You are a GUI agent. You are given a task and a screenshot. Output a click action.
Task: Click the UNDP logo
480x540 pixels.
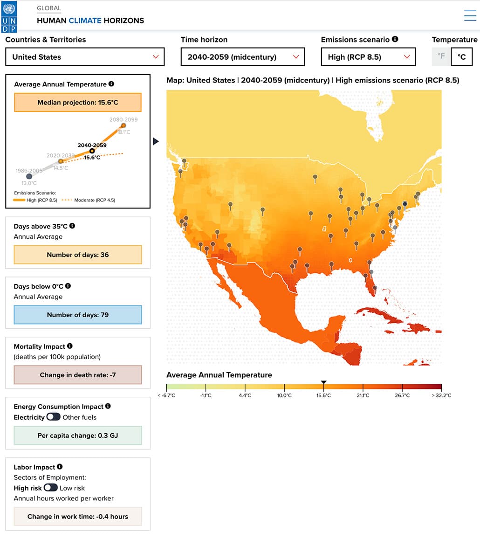(9, 17)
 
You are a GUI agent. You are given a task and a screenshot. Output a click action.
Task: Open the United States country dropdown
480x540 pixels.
(85, 57)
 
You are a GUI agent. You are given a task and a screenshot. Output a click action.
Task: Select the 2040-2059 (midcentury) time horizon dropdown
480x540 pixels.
(242, 57)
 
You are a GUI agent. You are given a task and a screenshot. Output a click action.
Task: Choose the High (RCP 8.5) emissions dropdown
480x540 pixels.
(368, 57)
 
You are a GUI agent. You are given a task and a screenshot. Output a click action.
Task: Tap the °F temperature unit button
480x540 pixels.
(441, 57)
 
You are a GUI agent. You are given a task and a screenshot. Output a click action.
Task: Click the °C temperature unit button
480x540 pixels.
(461, 57)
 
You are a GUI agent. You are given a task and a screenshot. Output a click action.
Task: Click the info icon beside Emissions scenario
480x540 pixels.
(395, 40)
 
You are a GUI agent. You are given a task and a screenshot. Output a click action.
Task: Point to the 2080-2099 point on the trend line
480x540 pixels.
(123, 125)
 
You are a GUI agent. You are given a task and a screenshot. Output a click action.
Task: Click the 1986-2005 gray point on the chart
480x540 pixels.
(29, 176)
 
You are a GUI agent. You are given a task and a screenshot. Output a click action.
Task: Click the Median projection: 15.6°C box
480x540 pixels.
(77, 103)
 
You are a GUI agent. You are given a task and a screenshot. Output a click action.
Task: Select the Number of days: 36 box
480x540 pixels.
(77, 255)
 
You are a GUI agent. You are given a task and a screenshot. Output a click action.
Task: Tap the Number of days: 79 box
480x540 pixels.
(77, 315)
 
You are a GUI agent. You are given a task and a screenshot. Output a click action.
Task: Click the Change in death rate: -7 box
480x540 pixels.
(77, 375)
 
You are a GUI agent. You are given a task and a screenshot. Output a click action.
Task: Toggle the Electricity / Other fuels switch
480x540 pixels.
(53, 417)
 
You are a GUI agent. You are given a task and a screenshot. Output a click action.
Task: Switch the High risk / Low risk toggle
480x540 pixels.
(50, 488)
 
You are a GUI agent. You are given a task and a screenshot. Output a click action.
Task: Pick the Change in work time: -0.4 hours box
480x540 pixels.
(77, 517)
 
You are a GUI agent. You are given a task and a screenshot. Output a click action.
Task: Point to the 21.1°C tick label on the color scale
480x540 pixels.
(363, 395)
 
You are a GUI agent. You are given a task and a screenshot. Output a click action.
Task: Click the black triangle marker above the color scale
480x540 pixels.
(323, 382)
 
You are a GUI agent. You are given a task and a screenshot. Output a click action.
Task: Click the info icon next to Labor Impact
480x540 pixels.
(60, 467)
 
